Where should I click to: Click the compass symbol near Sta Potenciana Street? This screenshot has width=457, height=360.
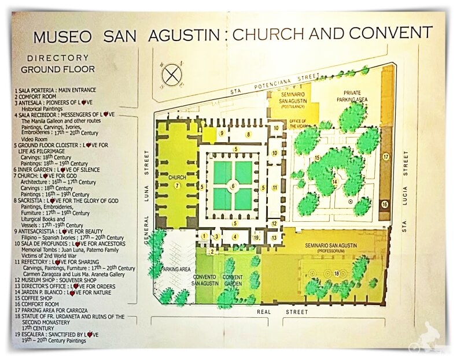[171, 75]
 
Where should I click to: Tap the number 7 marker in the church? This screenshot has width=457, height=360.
[178, 185]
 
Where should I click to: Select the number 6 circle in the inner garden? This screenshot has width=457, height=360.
[234, 186]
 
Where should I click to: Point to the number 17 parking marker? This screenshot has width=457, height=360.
[385, 157]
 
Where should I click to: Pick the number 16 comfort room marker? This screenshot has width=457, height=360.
[385, 204]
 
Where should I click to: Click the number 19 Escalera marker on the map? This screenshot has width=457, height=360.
[256, 237]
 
